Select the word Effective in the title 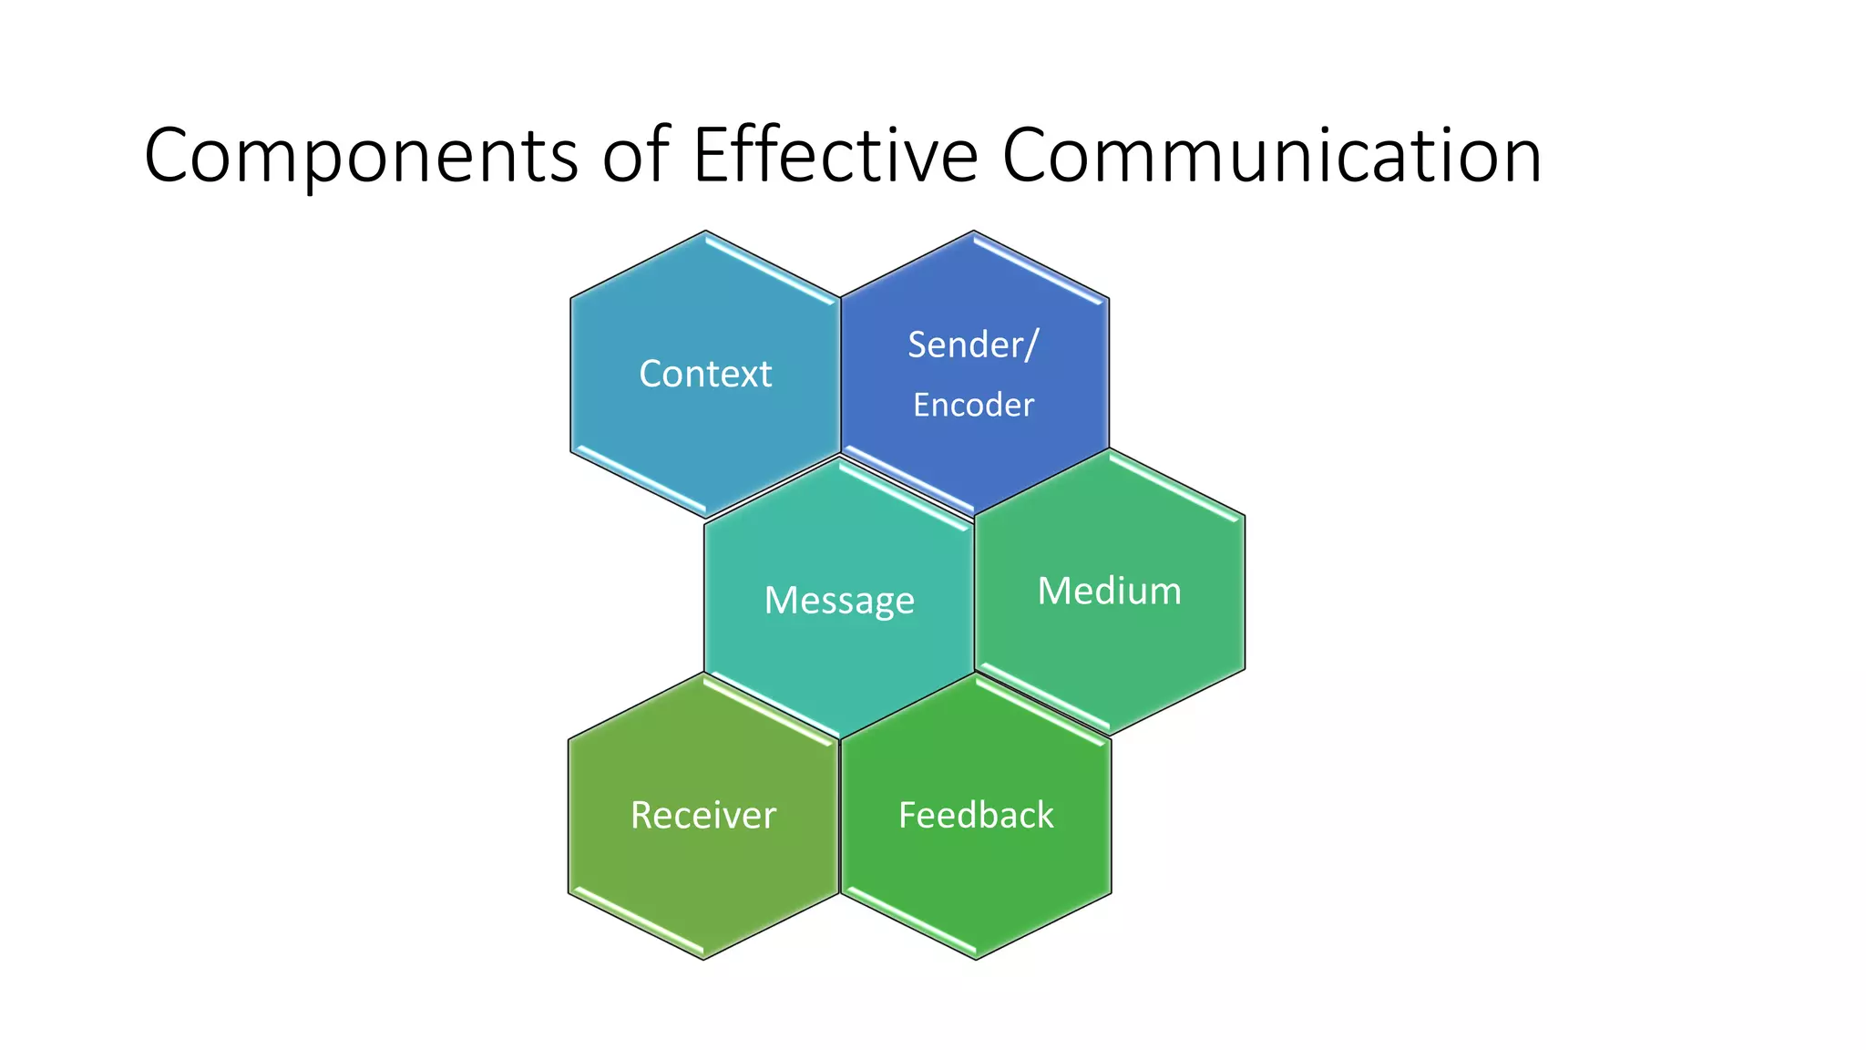835,155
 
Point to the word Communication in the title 1272,155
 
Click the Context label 705,374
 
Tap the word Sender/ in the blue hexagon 972,345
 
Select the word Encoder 973,405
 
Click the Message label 839,601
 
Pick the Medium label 1109,591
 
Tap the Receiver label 703,815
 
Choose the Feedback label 976,815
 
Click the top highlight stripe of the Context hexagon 771,269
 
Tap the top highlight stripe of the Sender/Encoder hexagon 1039,269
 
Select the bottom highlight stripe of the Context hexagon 640,479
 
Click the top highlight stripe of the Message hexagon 906,496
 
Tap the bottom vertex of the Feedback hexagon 976,959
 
